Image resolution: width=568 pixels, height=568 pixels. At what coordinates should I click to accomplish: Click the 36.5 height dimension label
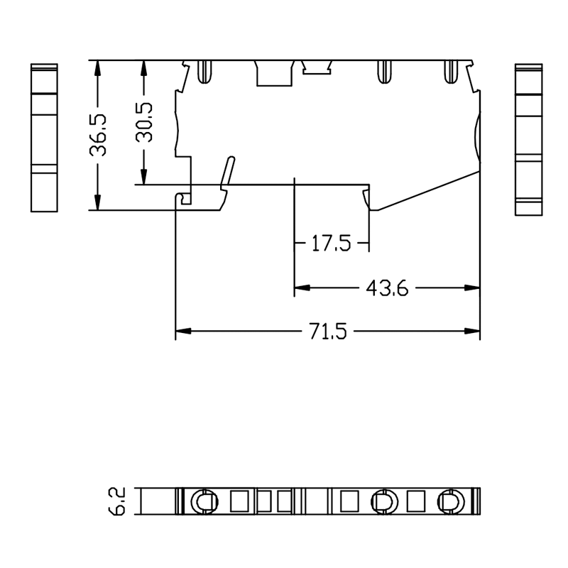pos(98,135)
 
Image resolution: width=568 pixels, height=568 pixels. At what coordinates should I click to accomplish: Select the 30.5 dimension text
pos(144,121)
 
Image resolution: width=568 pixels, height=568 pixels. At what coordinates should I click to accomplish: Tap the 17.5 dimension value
pos(331,243)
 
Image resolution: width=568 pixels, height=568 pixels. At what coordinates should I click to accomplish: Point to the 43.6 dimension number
pos(387,288)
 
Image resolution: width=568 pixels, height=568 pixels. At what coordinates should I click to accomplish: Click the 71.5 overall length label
pos(328,331)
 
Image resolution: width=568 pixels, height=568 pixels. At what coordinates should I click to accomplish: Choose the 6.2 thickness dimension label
pos(116,501)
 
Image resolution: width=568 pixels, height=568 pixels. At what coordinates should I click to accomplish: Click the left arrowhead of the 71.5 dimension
pos(183,331)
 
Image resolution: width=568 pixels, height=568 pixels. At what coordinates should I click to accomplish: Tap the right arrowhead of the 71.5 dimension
pos(472,331)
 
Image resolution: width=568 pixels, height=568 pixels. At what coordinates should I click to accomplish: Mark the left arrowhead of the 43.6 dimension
pos(302,288)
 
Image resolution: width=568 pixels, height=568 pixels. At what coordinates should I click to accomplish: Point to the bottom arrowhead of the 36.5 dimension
pos(98,202)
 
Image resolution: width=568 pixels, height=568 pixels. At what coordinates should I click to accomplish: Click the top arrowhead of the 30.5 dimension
pos(144,67)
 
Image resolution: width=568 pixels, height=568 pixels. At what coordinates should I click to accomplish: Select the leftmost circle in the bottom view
pos(204,502)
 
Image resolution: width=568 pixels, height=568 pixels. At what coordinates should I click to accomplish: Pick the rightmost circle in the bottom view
pos(451,502)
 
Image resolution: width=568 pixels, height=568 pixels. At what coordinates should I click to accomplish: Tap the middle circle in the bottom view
pos(384,502)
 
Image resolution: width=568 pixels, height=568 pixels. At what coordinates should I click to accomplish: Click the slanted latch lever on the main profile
pos(228,173)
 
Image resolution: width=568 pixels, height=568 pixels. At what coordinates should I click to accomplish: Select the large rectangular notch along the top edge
pos(274,73)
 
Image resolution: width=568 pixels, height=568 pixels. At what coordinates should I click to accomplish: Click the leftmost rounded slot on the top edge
pos(204,72)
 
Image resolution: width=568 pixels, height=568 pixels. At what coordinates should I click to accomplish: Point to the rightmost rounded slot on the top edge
pos(451,72)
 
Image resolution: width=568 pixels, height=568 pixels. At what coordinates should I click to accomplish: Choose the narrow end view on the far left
pos(44,138)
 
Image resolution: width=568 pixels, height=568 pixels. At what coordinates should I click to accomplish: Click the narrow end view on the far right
pos(529,139)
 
